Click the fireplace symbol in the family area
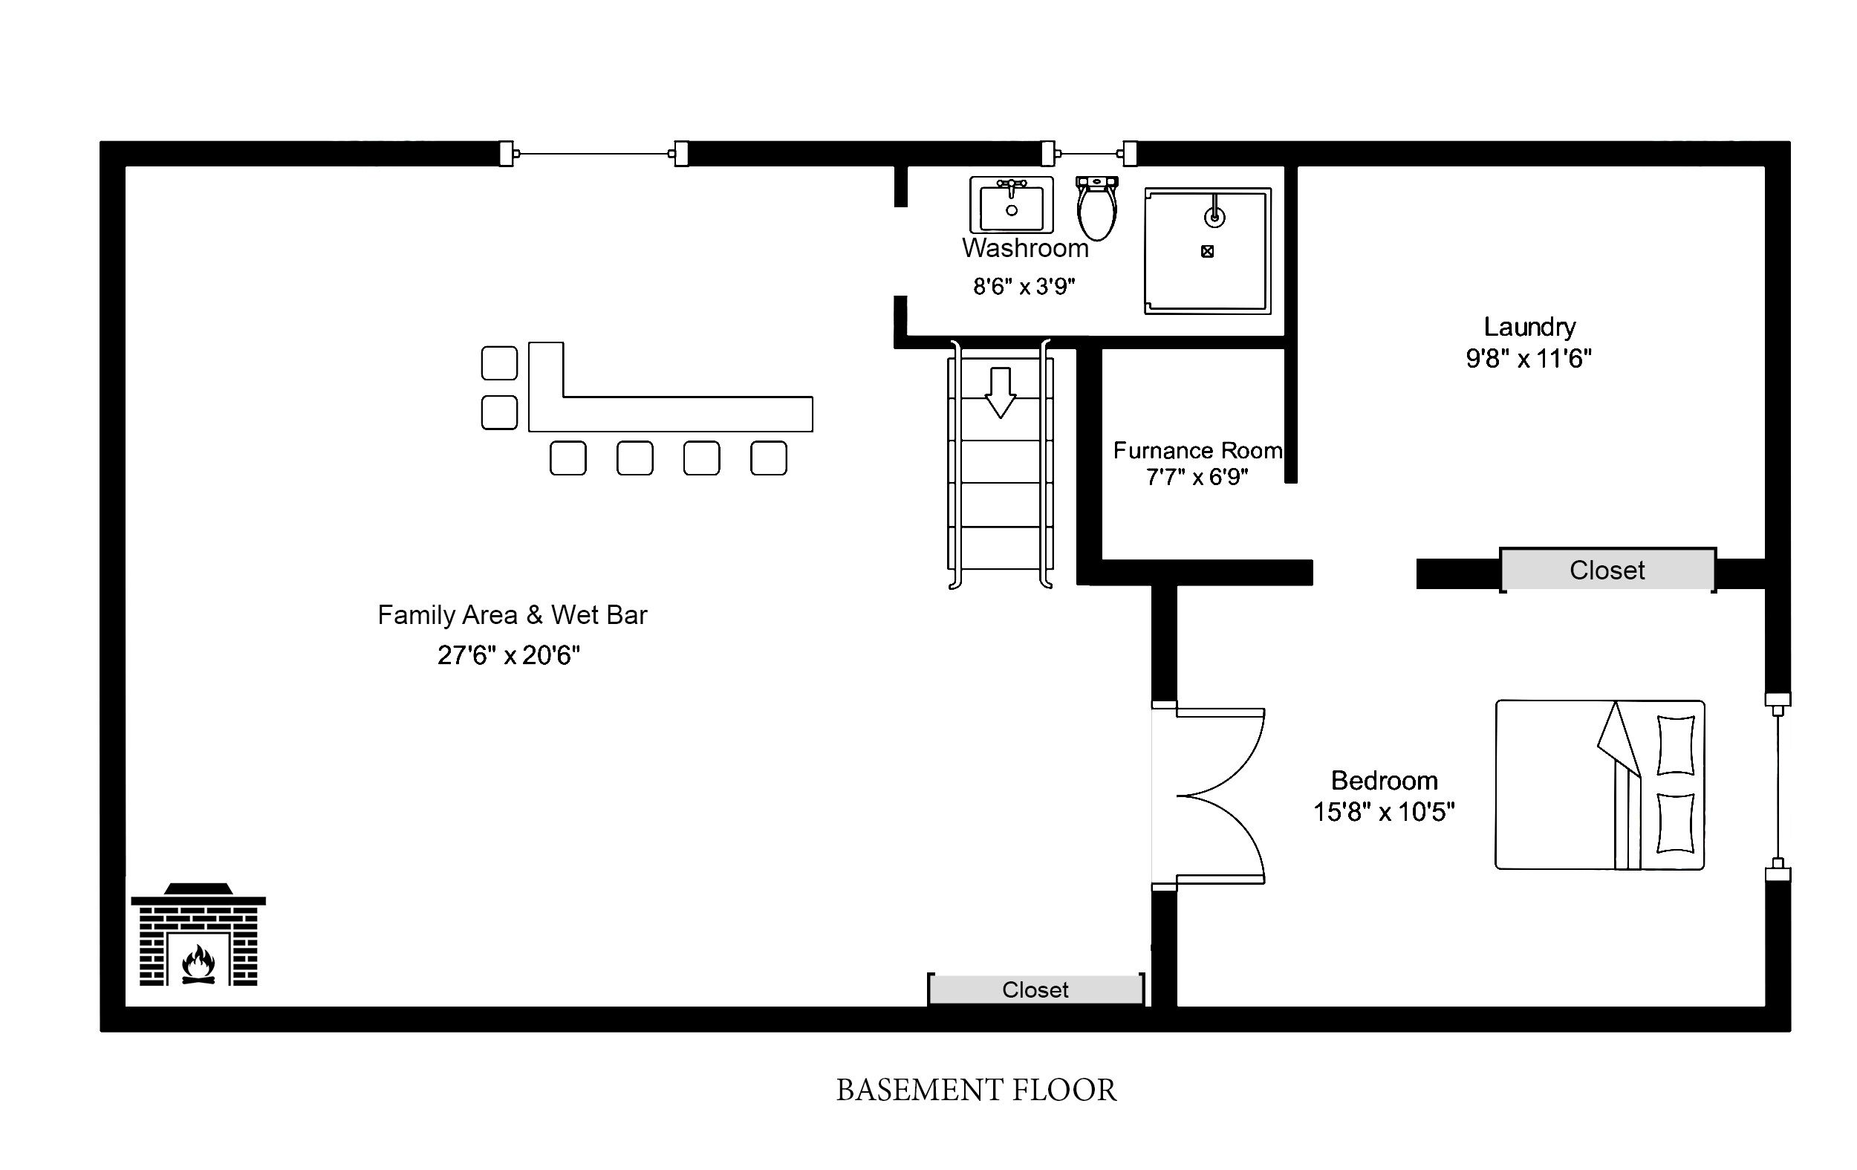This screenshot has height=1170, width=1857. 198,935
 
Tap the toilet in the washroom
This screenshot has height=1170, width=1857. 1096,207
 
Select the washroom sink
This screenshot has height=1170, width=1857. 1011,205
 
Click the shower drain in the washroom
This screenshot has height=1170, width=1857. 1208,250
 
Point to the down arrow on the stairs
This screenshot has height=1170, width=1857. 1001,392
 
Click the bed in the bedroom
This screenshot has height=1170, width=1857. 1599,784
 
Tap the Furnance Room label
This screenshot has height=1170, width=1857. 1197,450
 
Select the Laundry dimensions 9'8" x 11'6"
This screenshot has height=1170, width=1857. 1529,359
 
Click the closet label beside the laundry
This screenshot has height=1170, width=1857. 1607,570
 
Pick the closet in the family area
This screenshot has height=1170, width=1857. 1035,989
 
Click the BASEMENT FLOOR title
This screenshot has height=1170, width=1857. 976,1091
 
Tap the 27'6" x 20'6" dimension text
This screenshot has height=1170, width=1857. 508,654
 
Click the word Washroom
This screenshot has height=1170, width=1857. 1025,248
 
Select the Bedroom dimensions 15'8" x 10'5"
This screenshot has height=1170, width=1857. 1384,812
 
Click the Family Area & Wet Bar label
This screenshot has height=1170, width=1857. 512,614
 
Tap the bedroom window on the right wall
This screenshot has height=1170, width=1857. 1778,787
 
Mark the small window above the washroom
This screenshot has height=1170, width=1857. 1089,154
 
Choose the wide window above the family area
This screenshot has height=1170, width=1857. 593,154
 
